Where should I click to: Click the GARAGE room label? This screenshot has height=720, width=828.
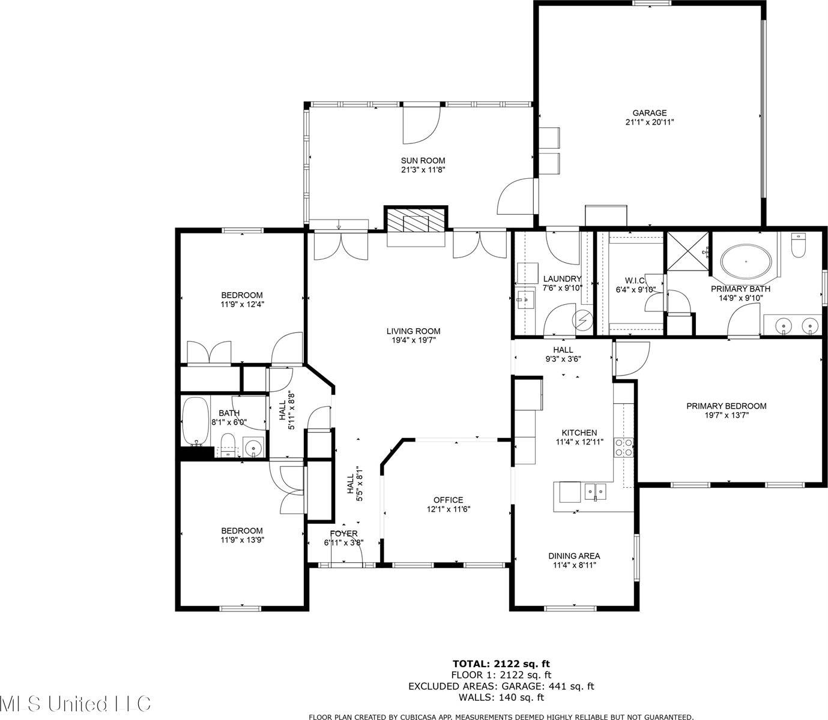(x=649, y=113)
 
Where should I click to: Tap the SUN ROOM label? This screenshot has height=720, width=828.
(x=423, y=160)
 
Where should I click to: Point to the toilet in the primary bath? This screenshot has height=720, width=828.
(x=798, y=245)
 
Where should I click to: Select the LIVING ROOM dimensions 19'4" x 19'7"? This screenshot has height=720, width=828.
(x=413, y=341)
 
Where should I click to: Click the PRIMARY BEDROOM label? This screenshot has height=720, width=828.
(x=726, y=406)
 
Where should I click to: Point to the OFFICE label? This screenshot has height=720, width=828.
(x=448, y=500)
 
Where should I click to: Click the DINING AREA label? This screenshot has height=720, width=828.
(x=573, y=556)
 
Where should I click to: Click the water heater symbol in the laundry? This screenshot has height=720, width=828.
(x=581, y=320)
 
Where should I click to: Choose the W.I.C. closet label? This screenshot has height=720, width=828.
(x=635, y=281)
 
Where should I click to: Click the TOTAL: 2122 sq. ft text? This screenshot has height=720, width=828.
(x=501, y=664)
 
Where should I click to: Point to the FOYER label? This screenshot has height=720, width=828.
(x=343, y=533)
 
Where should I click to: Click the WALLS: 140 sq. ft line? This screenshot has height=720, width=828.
(x=501, y=697)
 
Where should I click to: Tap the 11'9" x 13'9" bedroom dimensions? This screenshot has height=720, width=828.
(x=242, y=540)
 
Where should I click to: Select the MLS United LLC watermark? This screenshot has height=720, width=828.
(x=75, y=703)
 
